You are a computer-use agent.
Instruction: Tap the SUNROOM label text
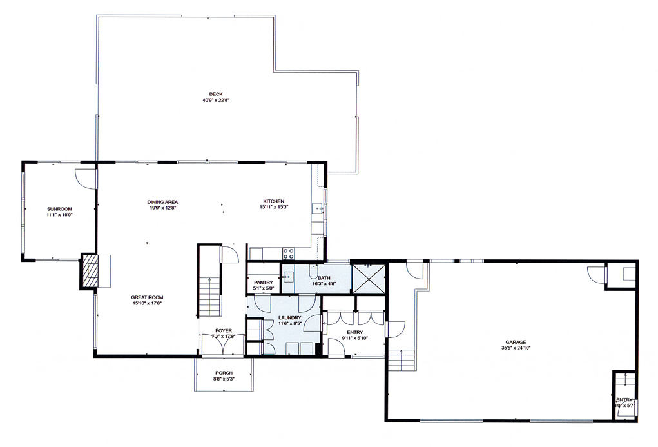[59, 208]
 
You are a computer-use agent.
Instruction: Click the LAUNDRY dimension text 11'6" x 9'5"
[290, 324]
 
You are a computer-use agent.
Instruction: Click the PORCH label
[224, 373]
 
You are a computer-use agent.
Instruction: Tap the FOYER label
[224, 331]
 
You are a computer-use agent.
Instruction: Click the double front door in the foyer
[223, 345]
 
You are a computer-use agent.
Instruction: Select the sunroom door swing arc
[83, 178]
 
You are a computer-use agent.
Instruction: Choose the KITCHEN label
[273, 201]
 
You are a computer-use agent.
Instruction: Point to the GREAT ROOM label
[146, 297]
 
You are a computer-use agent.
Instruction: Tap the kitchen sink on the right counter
[318, 208]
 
